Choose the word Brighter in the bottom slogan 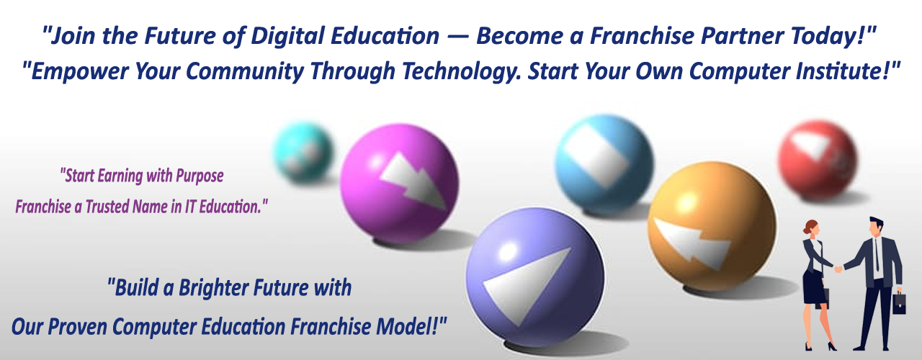216,289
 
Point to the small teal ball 303,151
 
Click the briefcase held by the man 899,303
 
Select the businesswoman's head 811,229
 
